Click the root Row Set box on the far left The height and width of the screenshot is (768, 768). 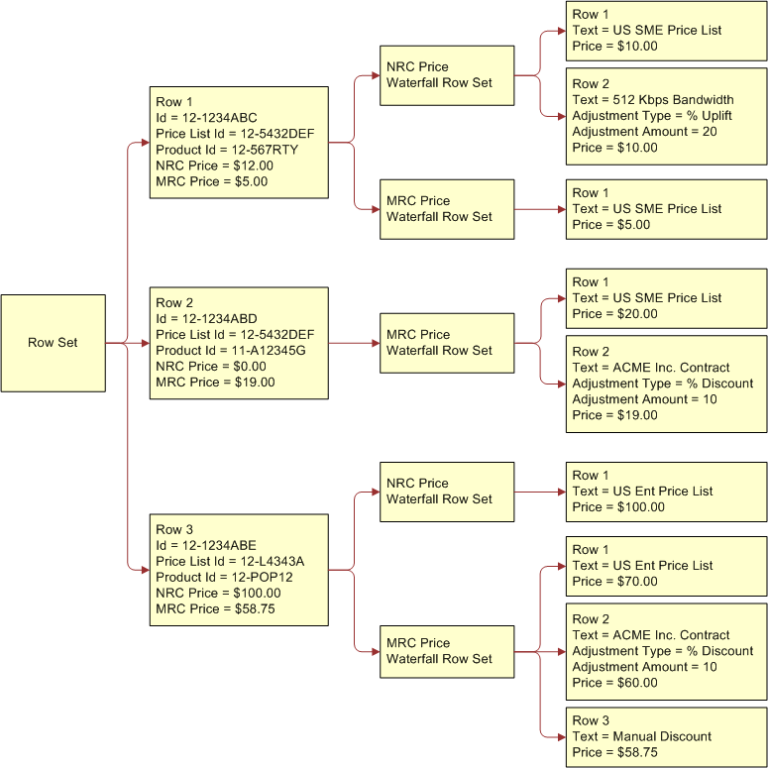[x=53, y=343]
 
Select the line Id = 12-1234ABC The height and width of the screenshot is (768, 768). [x=206, y=118]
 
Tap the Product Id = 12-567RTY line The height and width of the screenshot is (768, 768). [x=227, y=150]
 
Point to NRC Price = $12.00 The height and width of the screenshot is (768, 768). [x=214, y=165]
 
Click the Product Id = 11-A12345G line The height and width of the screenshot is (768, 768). [x=231, y=351]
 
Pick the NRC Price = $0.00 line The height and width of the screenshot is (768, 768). [x=211, y=367]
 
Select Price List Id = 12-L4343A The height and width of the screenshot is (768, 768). [x=230, y=562]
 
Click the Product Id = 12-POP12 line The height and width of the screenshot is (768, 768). [x=225, y=578]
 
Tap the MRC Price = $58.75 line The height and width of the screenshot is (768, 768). [x=215, y=609]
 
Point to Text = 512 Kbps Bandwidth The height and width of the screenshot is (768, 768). [x=653, y=100]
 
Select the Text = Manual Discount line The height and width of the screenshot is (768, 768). [x=642, y=736]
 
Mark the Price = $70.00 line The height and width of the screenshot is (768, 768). [x=614, y=582]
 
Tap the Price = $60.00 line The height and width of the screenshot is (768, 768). [x=614, y=683]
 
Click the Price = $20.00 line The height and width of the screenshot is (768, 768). [x=614, y=314]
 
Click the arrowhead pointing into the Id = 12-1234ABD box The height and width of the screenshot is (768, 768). [x=144, y=343]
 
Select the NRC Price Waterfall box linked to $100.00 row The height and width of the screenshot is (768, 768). [x=447, y=492]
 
